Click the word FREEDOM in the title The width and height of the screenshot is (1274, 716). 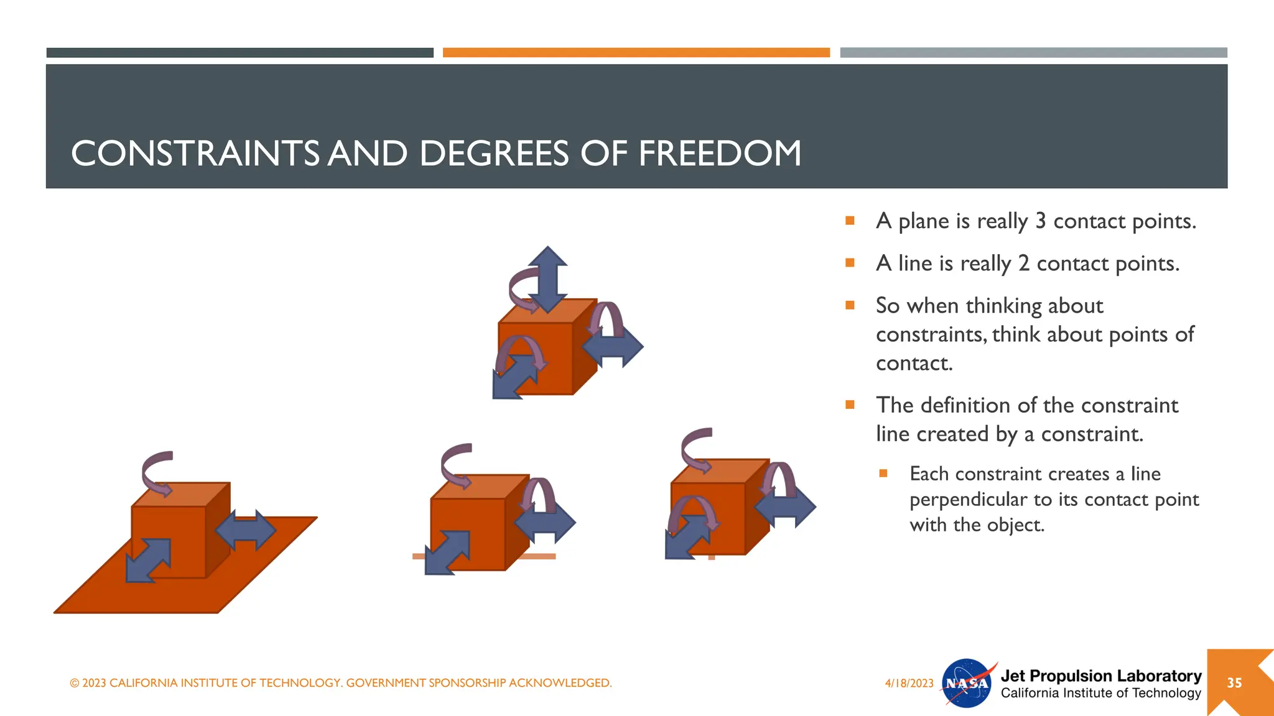pos(720,154)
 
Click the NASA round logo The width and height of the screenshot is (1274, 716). pos(967,683)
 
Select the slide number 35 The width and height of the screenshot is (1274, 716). pos(1234,683)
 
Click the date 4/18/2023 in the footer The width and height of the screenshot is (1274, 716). pos(909,683)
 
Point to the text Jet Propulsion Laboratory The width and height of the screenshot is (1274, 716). pos(1100,676)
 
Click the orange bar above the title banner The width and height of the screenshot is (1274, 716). pos(636,53)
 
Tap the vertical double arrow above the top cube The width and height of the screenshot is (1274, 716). pos(547,278)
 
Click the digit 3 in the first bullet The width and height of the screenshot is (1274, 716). pos(1040,221)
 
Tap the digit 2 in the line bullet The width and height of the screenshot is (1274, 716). pos(1023,264)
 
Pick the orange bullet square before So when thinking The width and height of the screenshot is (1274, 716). pos(850,305)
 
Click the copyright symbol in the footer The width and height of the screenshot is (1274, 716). pos(75,683)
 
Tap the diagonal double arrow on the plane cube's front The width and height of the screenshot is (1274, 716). pos(148,560)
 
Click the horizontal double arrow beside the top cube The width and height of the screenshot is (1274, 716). pos(613,346)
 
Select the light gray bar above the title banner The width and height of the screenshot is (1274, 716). pos(1033,53)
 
